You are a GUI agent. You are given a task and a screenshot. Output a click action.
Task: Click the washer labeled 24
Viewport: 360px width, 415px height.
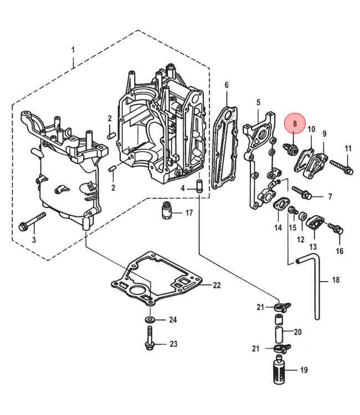(151, 320)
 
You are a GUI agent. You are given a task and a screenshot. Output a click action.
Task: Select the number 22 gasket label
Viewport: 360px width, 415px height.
(217, 286)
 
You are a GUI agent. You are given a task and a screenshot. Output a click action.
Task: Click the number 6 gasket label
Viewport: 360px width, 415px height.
(227, 85)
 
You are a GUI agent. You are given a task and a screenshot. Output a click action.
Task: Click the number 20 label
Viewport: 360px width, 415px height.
(297, 332)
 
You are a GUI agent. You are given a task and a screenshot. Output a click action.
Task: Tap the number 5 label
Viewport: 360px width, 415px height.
(258, 102)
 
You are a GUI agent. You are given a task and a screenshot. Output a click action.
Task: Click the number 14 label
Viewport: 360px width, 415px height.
(278, 227)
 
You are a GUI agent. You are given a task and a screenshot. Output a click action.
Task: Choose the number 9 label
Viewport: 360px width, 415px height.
(325, 133)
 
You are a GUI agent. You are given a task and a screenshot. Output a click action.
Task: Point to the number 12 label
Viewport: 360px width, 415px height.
(301, 239)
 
